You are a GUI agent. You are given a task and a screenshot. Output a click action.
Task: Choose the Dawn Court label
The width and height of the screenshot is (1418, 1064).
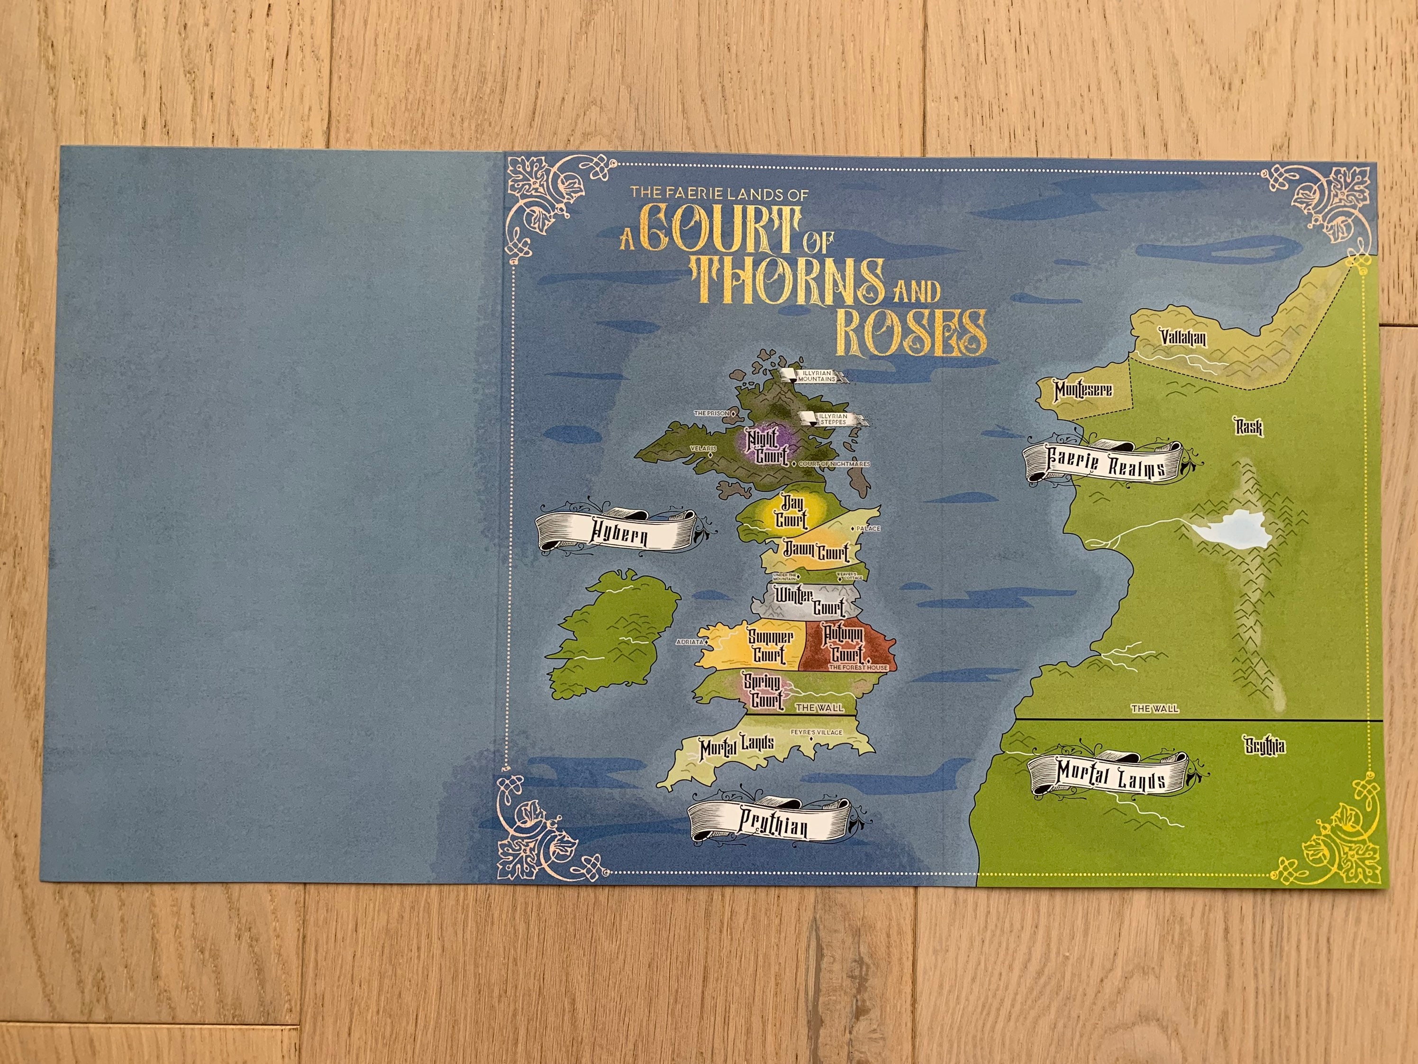pos(815,551)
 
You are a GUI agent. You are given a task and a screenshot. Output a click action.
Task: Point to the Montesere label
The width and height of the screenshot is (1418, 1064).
pos(1083,389)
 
